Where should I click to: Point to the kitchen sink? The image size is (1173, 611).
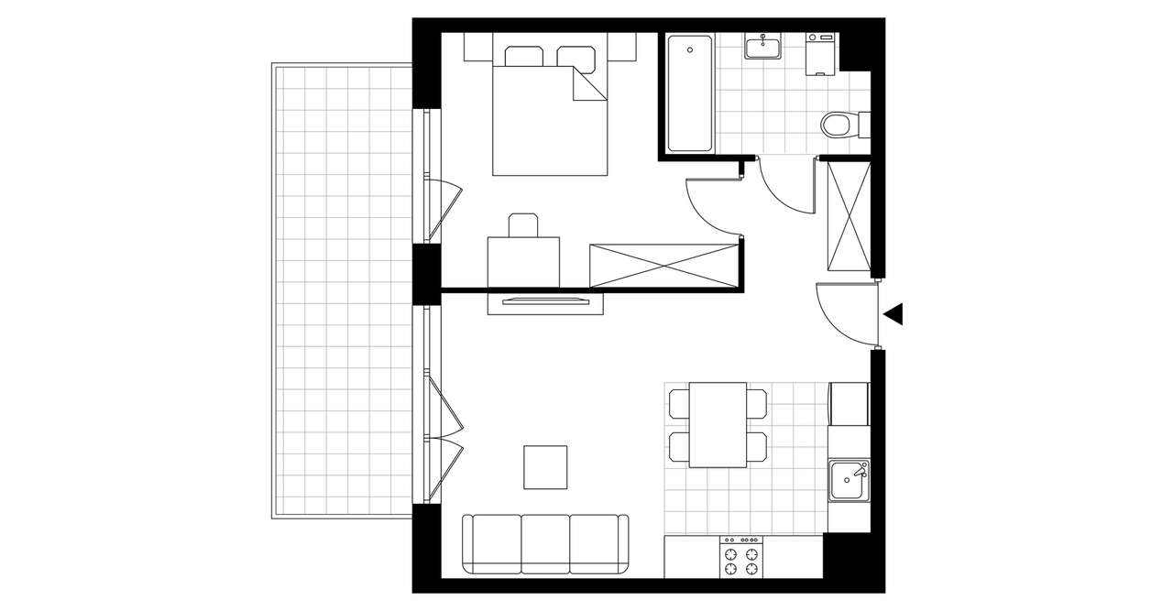pos(848,480)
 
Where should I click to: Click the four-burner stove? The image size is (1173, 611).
pos(741,558)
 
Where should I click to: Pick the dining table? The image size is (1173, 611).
pos(718,424)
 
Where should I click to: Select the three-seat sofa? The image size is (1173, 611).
pos(545,543)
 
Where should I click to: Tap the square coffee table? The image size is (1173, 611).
pos(545,466)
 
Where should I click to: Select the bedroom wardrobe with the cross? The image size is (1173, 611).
pos(663,267)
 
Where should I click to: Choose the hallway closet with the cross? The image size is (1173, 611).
pos(848,215)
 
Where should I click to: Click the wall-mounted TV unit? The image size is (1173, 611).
pos(545,302)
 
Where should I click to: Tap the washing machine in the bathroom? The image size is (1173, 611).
pos(820,55)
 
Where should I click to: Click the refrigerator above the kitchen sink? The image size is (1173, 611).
pos(849,404)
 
